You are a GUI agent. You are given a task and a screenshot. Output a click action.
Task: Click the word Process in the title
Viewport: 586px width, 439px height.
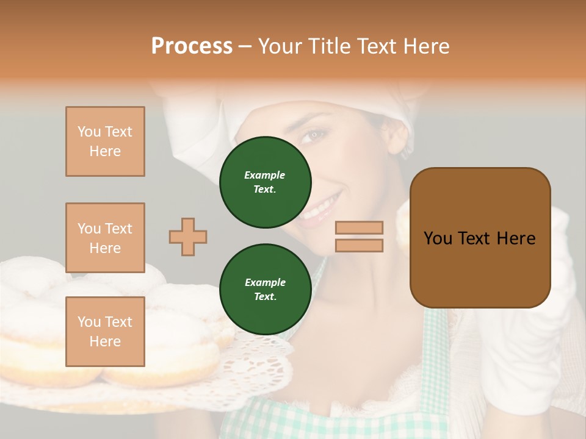tap(192, 46)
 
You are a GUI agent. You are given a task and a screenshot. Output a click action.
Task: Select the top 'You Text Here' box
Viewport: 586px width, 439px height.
tap(105, 141)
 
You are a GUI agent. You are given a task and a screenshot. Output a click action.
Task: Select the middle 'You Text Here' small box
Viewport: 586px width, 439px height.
tap(105, 238)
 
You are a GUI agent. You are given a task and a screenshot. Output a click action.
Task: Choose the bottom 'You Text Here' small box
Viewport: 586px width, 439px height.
tap(105, 332)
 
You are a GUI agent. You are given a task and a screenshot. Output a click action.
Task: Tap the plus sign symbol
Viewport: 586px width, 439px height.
tap(188, 237)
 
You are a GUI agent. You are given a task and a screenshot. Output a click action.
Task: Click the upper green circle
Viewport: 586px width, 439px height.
tap(265, 182)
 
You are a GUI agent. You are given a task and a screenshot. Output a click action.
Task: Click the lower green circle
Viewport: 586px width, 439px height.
tap(265, 290)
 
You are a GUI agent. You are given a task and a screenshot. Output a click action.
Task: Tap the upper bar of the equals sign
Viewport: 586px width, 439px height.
tap(359, 227)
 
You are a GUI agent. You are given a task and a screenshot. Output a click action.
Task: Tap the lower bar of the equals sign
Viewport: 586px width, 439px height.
tap(359, 245)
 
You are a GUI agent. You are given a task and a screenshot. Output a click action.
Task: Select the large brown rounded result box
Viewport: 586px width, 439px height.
tap(480, 238)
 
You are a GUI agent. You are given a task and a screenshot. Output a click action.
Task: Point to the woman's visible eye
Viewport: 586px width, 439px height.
tap(315, 135)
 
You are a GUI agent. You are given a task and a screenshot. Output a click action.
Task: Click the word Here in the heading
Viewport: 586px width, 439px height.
tap(426, 46)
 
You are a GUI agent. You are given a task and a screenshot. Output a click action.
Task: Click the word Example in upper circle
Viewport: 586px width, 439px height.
tap(265, 175)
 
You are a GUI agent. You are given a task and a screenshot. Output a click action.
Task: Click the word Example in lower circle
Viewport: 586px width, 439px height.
tap(265, 282)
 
